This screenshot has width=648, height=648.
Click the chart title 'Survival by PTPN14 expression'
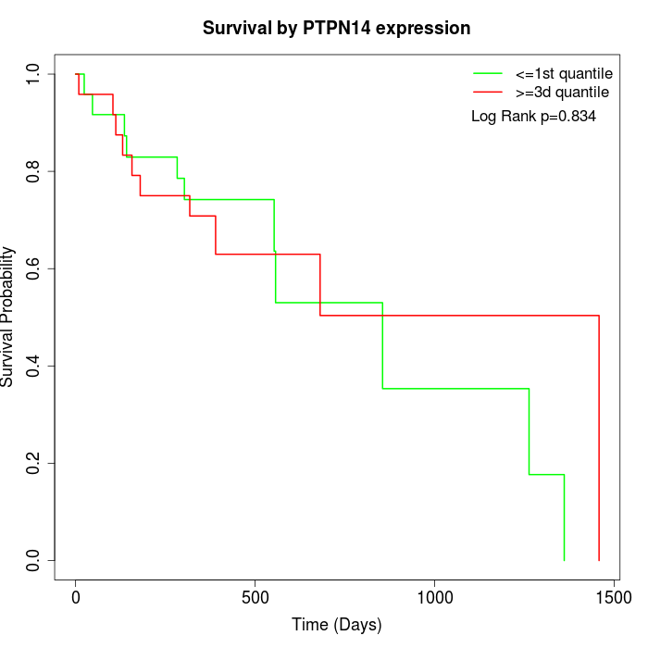[336, 29]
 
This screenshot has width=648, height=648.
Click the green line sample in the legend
[487, 72]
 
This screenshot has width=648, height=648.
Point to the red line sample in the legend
[487, 92]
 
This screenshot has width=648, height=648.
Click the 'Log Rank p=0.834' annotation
[533, 117]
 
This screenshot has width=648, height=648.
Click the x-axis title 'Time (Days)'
[336, 626]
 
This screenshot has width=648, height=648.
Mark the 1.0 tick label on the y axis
[34, 74]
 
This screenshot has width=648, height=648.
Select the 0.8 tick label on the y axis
[34, 171]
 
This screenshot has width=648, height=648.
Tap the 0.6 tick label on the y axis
[34, 268]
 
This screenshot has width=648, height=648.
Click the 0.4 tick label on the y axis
[34, 366]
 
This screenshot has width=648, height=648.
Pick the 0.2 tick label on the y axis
[34, 463]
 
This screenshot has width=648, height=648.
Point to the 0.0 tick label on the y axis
[34, 560]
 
